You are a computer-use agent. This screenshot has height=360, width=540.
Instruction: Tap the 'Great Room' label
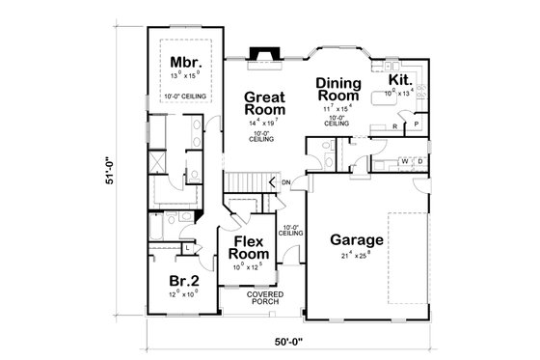(x=261, y=104)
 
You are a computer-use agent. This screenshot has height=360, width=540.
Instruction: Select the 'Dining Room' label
(x=337, y=89)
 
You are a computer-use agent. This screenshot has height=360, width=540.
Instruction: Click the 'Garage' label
(x=357, y=240)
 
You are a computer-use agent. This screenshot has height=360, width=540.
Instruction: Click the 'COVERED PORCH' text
(x=261, y=297)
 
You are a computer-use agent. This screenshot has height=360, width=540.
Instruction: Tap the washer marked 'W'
(x=406, y=160)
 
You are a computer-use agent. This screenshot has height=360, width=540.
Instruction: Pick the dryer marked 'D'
(x=419, y=160)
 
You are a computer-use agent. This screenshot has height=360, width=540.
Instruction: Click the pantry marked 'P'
(x=415, y=125)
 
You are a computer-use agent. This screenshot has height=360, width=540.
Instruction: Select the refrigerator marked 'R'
(x=395, y=125)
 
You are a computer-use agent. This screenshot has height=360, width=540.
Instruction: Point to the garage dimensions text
(x=357, y=257)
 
